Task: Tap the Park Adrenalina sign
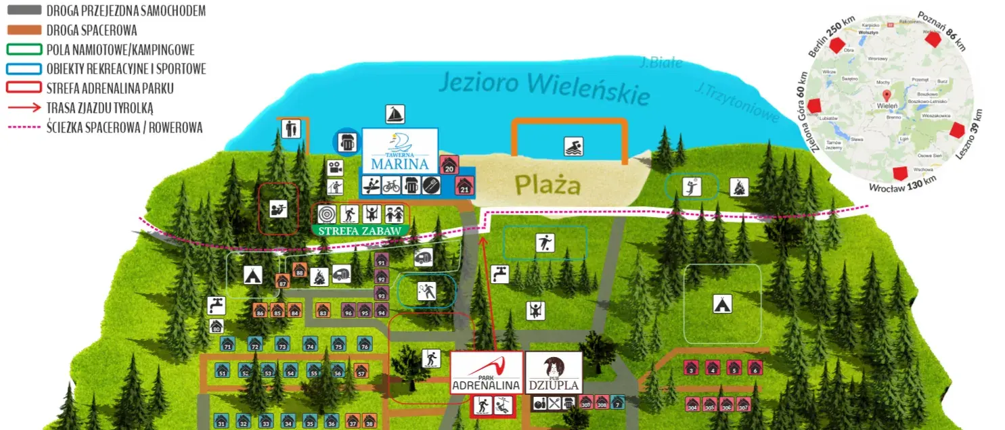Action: click(486, 373)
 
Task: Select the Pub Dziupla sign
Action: click(553, 373)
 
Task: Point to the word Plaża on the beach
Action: click(547, 184)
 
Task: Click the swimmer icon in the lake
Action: click(573, 147)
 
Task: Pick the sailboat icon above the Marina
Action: click(395, 115)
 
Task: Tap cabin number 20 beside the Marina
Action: click(449, 164)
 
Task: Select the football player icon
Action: click(545, 242)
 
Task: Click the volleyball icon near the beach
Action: click(692, 186)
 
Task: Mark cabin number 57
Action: click(361, 371)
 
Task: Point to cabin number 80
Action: click(217, 327)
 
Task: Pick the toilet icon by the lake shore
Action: click(291, 128)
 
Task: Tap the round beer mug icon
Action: click(347, 141)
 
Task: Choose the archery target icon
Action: click(327, 214)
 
